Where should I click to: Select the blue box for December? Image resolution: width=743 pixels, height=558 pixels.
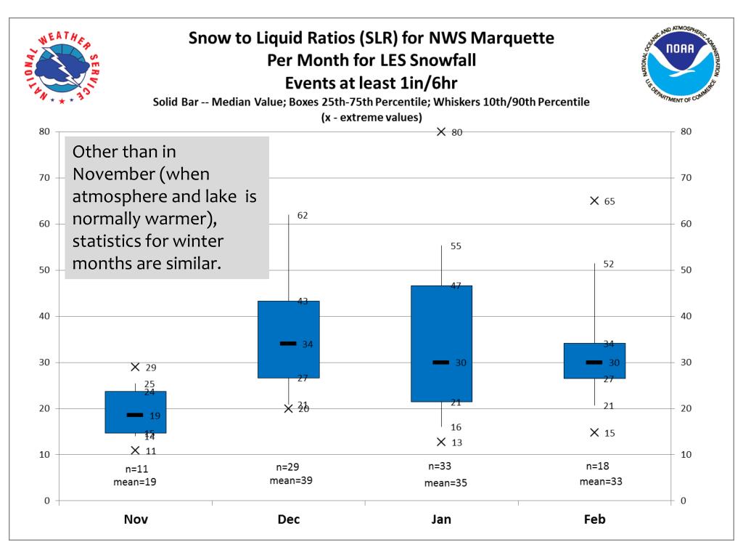click(x=289, y=339)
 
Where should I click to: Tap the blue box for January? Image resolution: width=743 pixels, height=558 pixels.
click(x=441, y=343)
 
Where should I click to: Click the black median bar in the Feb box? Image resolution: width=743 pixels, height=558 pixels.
click(x=594, y=362)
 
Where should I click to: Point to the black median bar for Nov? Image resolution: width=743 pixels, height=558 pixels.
click(x=135, y=415)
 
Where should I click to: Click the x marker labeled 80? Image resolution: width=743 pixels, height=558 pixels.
click(x=441, y=132)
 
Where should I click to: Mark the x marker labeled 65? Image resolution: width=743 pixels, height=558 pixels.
click(x=594, y=201)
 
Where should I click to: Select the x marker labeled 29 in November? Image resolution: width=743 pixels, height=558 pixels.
click(x=135, y=367)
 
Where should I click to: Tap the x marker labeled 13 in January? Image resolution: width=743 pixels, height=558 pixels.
click(x=441, y=442)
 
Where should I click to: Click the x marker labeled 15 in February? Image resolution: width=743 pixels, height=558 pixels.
click(x=594, y=432)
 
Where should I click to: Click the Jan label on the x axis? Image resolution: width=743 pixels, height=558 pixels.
click(x=441, y=519)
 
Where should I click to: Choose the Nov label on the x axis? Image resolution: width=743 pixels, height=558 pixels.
click(x=135, y=519)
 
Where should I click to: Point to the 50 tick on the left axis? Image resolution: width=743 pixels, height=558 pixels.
click(x=45, y=270)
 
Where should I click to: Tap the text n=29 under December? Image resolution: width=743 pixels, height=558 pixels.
click(x=289, y=466)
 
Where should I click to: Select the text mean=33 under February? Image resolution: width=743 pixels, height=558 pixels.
click(x=601, y=481)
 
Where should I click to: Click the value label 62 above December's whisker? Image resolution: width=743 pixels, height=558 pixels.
click(x=303, y=215)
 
